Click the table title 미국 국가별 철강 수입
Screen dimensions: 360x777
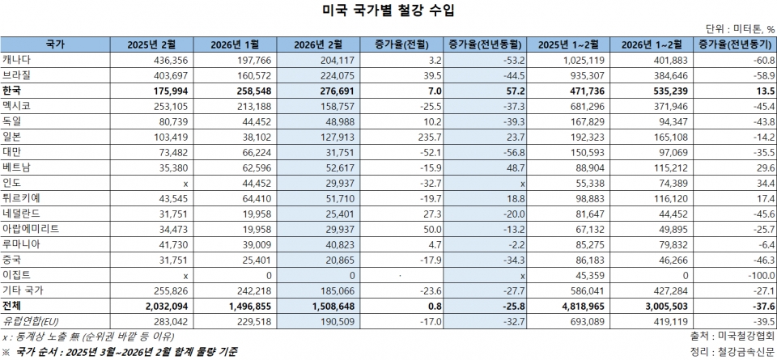coord(388,11)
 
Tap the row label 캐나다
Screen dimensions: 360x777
coord(17,60)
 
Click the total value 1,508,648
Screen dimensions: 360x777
coord(329,306)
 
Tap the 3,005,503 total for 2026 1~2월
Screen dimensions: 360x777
coord(662,306)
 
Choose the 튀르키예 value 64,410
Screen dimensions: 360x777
coord(250,199)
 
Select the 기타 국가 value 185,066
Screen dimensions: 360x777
coord(333,290)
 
